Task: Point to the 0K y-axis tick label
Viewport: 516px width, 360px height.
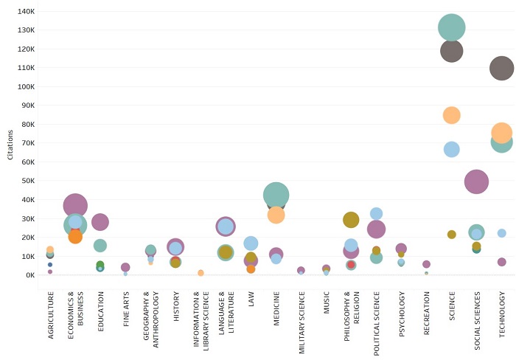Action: (29, 275)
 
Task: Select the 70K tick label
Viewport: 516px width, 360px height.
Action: (27, 143)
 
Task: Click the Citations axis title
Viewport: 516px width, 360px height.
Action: (10, 142)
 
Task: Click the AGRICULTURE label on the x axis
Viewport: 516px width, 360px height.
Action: (50, 315)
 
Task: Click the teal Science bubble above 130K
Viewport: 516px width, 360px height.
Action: (452, 28)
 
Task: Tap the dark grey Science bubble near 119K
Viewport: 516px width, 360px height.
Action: (452, 52)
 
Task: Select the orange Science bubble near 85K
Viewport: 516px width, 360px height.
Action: (452, 115)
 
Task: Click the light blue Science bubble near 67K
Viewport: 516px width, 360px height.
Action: (452, 149)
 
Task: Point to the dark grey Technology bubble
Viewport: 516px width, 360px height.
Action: (502, 69)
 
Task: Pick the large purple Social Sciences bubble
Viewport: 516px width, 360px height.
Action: (477, 181)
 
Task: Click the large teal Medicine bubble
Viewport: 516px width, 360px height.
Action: (276, 195)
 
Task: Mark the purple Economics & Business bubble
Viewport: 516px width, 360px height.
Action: (75, 206)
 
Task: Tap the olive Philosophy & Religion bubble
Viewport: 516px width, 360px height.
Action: (351, 219)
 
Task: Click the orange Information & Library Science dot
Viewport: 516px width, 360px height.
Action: (201, 273)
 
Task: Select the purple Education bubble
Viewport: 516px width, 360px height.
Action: (100, 221)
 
